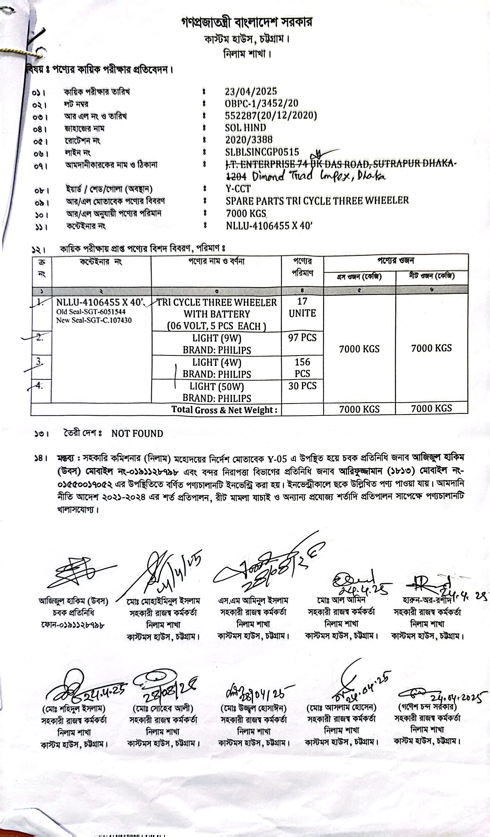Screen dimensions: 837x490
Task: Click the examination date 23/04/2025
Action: (x=251, y=91)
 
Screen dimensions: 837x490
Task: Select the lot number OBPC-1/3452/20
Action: (x=261, y=103)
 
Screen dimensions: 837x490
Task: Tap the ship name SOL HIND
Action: (x=245, y=127)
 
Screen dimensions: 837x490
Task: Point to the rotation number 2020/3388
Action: (x=249, y=140)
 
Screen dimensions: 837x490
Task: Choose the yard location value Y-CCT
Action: (x=238, y=188)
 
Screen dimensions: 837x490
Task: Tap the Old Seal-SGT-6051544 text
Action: (x=91, y=312)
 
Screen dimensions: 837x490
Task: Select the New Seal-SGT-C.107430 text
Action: (x=94, y=320)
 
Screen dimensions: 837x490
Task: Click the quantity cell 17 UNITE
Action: (x=302, y=307)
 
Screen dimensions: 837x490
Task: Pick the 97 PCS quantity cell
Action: (x=302, y=338)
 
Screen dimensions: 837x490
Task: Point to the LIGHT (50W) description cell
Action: (x=217, y=392)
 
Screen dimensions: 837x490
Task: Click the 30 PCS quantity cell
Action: (x=302, y=386)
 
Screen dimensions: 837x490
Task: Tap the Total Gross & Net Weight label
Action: (x=224, y=409)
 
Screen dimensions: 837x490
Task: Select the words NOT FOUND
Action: (x=137, y=433)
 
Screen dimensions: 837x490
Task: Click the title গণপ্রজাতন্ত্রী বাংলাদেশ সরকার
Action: (x=246, y=22)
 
